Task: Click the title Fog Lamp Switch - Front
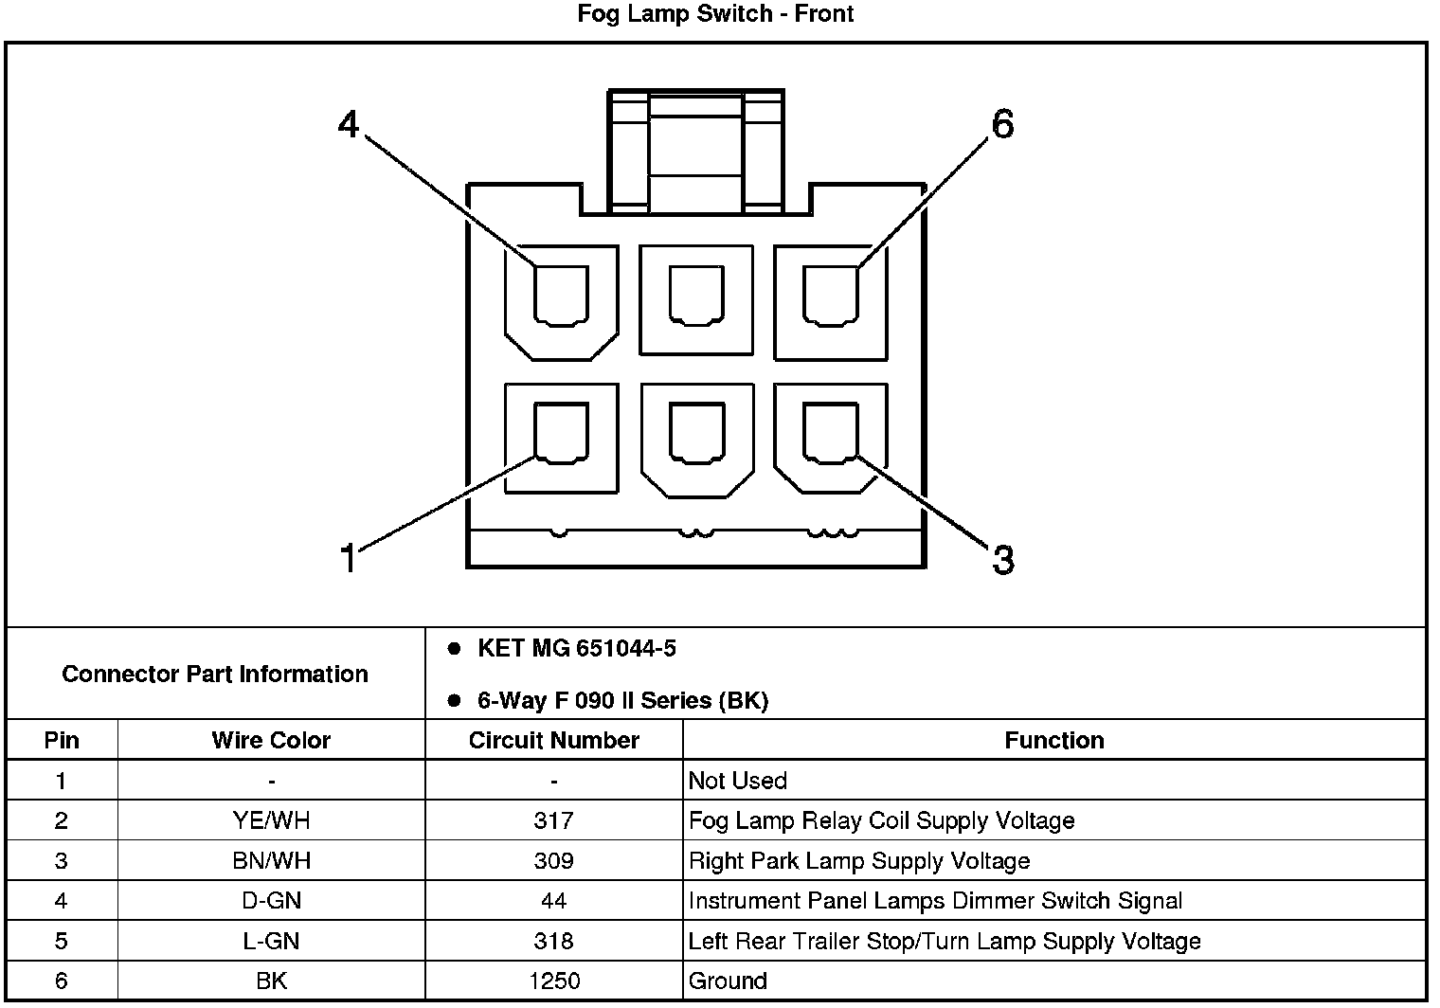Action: tap(715, 14)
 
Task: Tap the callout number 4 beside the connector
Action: tap(350, 124)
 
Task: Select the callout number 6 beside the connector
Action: tap(1002, 124)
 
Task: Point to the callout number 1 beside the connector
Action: tap(350, 558)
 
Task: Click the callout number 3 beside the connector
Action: tap(1003, 559)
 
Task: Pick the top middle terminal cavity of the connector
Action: tap(696, 297)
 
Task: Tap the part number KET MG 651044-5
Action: tap(576, 649)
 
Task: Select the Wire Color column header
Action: tap(271, 740)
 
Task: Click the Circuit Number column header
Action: tap(553, 740)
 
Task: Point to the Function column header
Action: tap(1053, 740)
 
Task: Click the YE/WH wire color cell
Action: tap(271, 820)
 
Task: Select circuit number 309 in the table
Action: tap(553, 861)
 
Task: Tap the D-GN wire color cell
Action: tap(271, 901)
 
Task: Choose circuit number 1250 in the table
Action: tap(553, 981)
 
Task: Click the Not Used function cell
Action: tap(737, 781)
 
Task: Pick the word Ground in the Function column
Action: tap(728, 981)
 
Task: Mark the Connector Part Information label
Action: tap(215, 674)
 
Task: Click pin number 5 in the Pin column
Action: tap(62, 941)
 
